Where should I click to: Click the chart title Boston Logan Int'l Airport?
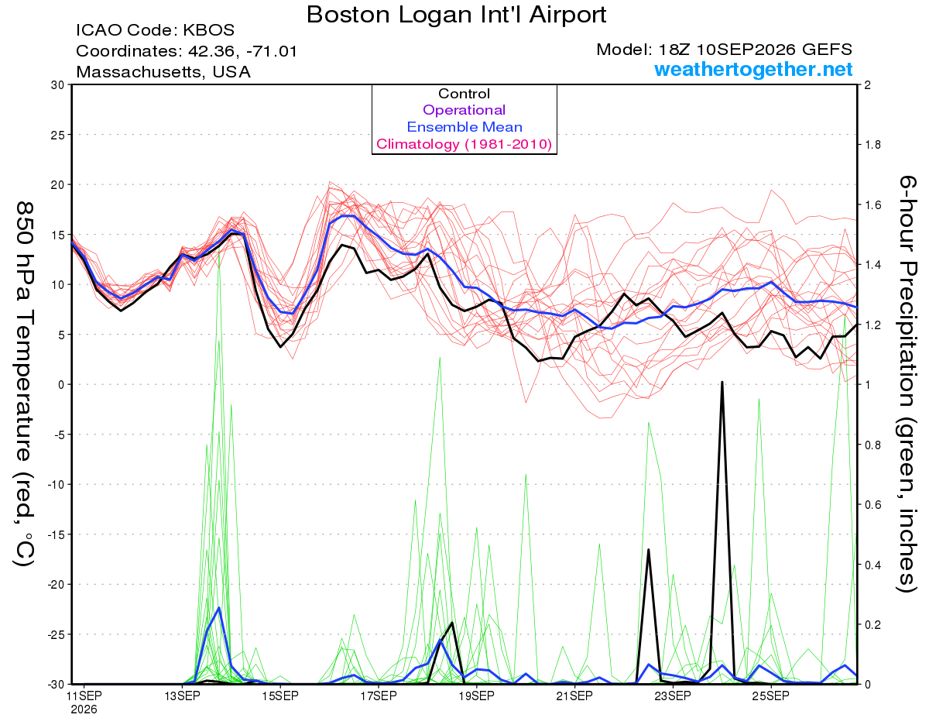pos(456,15)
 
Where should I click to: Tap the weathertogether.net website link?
pos(753,69)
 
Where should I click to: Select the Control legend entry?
pos(464,94)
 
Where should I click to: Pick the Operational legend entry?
pos(464,110)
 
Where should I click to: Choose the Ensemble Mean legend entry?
pos(464,127)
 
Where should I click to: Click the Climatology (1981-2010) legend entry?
pos(464,144)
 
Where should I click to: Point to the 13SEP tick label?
pos(183,696)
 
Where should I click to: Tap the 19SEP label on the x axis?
pos(477,696)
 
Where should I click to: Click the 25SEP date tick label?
pos(771,696)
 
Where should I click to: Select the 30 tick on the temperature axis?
pos(58,85)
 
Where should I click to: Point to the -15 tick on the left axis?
pos(56,534)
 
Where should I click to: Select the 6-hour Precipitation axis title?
pos(907,383)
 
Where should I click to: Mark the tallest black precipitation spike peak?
pos(722,382)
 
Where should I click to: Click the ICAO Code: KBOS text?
pos(155,30)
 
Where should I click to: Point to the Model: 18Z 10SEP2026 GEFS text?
pos(724,50)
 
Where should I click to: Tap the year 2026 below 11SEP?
pos(84,709)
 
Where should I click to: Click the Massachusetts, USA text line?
pos(163,72)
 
